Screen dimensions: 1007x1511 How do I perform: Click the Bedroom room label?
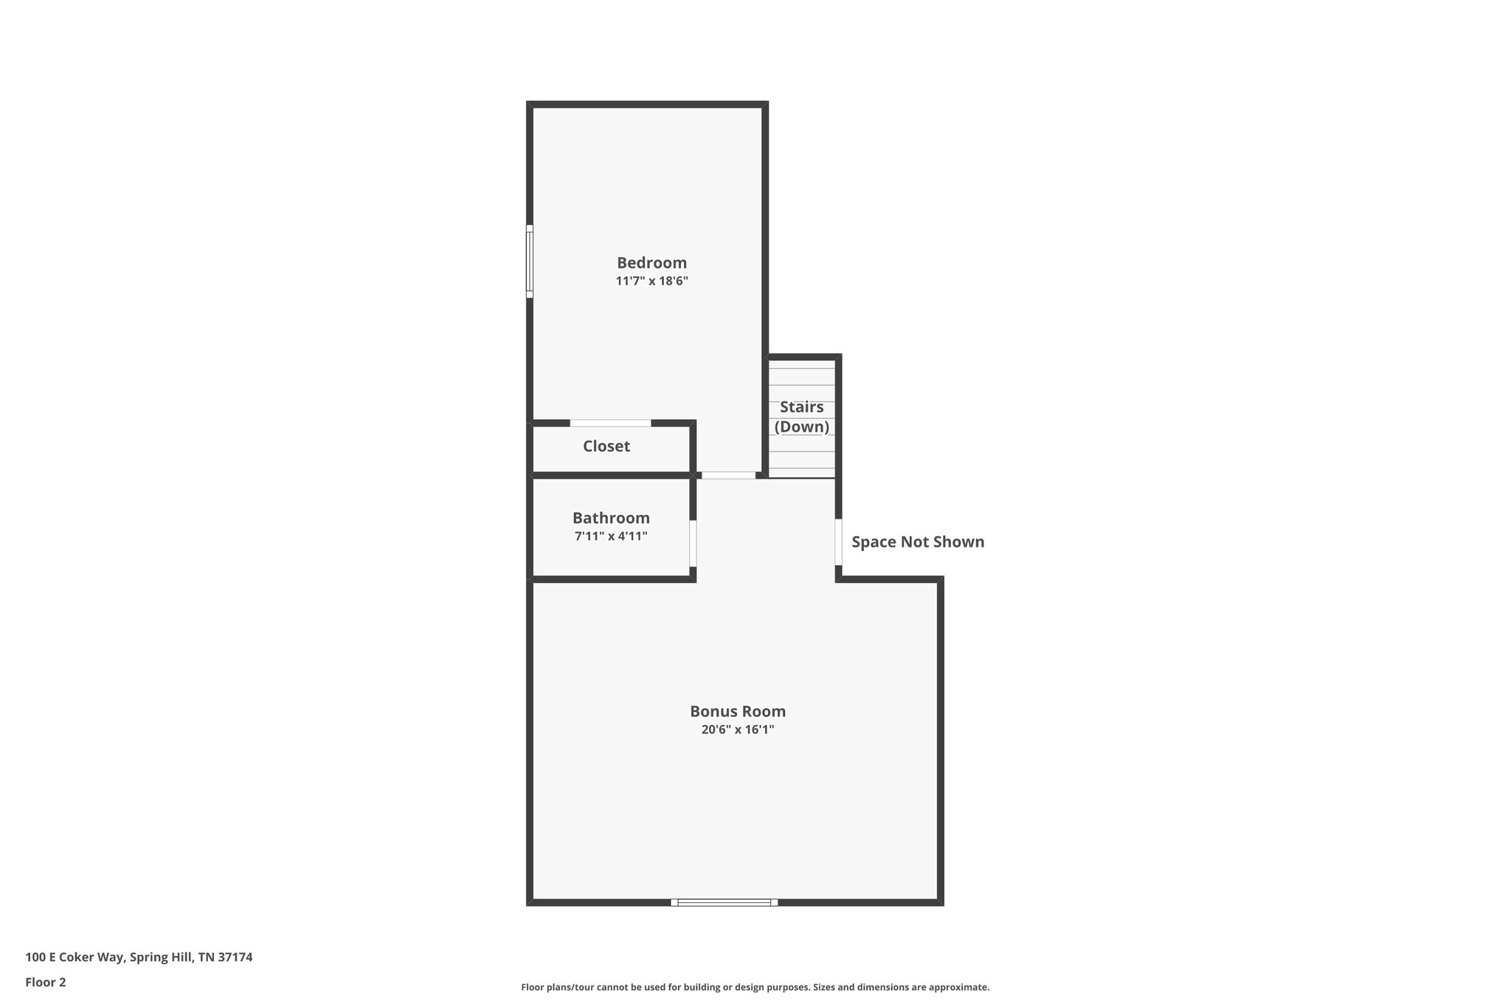coord(651,263)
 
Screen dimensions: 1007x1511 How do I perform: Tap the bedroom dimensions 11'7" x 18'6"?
coord(651,281)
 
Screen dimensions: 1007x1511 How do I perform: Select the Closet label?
coord(606,446)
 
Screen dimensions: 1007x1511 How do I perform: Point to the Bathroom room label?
coord(611,518)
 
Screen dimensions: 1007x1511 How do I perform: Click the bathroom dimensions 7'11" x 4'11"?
coord(611,536)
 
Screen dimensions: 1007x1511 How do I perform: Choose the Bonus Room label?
coord(738,711)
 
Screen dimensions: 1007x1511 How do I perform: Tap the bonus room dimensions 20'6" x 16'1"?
coord(738,730)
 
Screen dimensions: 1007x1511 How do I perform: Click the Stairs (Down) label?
coord(802,417)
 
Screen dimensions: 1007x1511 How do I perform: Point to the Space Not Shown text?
coord(918,542)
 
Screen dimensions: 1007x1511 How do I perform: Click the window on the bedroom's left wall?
coord(530,261)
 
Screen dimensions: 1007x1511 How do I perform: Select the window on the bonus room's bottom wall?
coord(724,902)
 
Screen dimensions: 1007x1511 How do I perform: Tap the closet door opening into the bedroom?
coord(610,423)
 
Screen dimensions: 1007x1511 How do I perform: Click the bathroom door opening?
coord(693,544)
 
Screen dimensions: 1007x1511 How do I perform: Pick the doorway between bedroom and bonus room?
coord(728,476)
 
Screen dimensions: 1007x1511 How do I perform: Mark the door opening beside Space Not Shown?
coord(839,542)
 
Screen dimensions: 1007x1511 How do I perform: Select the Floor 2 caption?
coord(46,982)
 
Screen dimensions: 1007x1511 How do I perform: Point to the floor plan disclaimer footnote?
coord(755,987)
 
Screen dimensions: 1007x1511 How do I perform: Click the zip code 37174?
coord(235,958)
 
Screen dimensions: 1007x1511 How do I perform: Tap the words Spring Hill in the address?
coord(162,958)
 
